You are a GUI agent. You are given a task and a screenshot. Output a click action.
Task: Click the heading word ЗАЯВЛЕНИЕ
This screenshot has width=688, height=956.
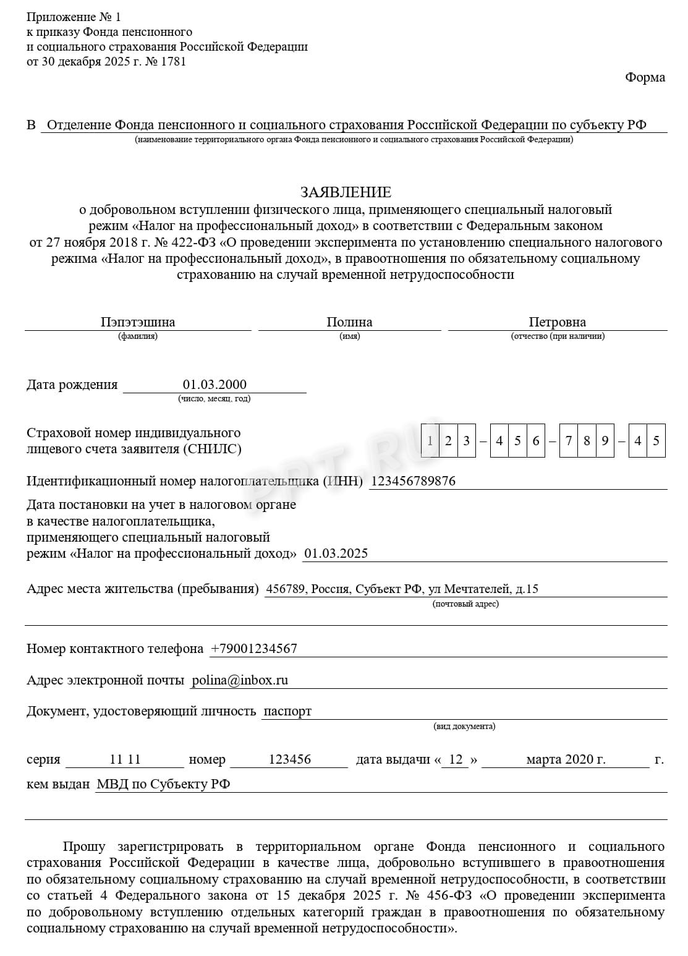(346, 192)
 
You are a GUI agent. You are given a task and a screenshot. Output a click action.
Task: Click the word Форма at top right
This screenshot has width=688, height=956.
(645, 77)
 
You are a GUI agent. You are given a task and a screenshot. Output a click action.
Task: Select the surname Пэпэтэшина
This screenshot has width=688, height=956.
(138, 322)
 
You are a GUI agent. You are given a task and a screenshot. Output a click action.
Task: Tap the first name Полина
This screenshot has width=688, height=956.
(349, 322)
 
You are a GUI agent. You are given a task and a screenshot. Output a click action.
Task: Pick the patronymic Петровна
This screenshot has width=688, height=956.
(557, 322)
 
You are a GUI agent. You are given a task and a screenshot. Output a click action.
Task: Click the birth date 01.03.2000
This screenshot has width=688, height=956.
(214, 385)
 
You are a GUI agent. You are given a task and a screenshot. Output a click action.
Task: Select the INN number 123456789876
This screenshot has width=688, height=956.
(412, 481)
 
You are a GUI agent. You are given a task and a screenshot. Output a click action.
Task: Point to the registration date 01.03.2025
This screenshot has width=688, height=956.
(336, 553)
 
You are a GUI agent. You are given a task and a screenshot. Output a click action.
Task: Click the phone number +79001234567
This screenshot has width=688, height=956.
(253, 649)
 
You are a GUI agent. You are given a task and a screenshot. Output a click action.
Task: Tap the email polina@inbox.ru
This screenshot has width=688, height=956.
(240, 680)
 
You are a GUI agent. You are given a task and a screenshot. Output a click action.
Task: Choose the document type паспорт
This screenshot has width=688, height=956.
(287, 711)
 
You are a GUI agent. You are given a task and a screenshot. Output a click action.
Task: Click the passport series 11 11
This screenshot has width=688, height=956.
(125, 759)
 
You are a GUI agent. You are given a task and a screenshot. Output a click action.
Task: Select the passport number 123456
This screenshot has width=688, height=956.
(289, 759)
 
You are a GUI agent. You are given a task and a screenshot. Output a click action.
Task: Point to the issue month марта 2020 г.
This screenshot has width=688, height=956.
(566, 759)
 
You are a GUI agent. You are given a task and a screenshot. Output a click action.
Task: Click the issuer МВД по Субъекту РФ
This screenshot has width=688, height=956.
(163, 784)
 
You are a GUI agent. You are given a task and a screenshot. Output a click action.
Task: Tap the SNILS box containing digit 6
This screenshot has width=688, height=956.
(535, 441)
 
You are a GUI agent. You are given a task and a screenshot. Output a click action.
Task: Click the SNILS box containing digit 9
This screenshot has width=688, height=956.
(605, 441)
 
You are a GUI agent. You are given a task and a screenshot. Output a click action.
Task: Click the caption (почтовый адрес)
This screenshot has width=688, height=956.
(465, 604)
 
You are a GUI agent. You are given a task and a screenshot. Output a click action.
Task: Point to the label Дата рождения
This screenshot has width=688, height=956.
(72, 385)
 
